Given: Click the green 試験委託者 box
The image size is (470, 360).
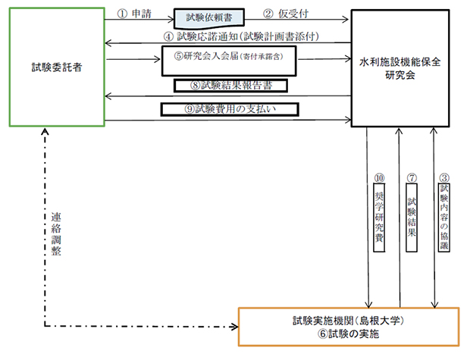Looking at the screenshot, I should [57, 68].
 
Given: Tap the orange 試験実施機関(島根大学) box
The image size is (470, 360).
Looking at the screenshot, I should [349, 326].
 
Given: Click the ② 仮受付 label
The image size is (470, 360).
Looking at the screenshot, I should [287, 14].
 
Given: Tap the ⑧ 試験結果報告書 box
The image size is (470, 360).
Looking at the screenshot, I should [234, 86].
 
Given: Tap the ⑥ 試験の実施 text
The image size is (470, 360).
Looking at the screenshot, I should [349, 334].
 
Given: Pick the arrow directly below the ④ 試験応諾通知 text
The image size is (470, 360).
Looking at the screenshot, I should [227, 43].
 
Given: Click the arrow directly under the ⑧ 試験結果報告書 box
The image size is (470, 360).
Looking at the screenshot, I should [227, 95].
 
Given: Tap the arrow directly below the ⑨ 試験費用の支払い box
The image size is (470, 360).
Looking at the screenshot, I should [227, 120].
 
